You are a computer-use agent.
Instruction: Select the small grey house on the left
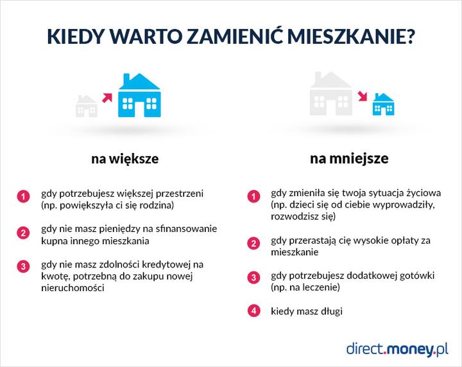coord(87,106)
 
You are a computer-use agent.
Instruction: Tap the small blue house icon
coord(384,104)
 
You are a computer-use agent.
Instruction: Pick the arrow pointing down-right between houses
coord(363,97)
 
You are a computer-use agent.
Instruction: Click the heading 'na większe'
coord(124,158)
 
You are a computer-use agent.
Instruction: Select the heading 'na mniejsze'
coord(348,158)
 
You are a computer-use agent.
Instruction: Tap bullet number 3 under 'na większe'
coord(23,265)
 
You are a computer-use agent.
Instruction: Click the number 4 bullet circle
coord(254,312)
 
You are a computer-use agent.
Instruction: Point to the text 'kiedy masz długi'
coord(307,312)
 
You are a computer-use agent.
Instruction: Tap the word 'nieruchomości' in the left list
coord(73,289)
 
